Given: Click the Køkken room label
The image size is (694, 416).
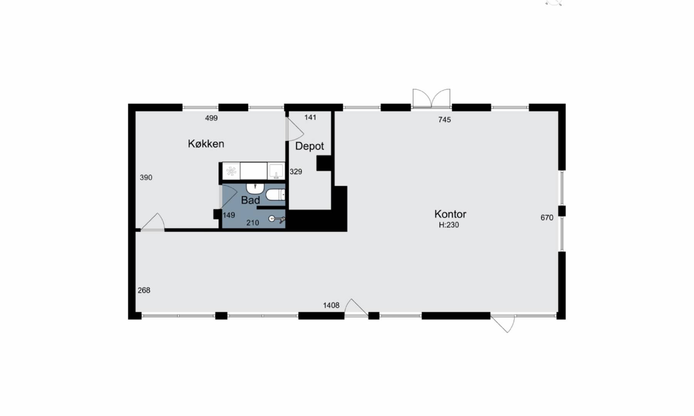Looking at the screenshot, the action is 206,144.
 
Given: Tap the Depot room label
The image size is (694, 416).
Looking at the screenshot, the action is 310,146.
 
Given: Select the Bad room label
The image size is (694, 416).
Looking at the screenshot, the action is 250,200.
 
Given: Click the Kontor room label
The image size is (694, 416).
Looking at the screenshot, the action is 450,214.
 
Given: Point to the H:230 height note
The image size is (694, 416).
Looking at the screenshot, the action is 449,225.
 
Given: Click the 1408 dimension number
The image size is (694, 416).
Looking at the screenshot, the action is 331,305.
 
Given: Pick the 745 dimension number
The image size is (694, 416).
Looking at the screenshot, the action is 445,120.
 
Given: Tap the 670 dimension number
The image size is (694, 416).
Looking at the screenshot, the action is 547,218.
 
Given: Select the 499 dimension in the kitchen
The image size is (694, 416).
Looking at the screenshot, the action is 211,118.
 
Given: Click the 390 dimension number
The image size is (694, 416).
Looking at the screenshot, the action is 146,178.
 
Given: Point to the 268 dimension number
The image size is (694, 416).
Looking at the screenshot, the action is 144,290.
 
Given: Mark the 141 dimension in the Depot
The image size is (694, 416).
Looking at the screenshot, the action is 310,117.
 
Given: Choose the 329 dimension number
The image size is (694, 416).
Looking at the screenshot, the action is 296,172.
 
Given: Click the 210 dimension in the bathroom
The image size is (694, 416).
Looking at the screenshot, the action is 253,223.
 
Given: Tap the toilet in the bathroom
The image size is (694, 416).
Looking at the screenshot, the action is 275,195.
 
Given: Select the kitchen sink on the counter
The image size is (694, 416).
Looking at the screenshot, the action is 276,171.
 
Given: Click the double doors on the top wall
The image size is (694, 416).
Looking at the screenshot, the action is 431,99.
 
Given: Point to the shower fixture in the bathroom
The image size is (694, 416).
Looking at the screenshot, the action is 277,220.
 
